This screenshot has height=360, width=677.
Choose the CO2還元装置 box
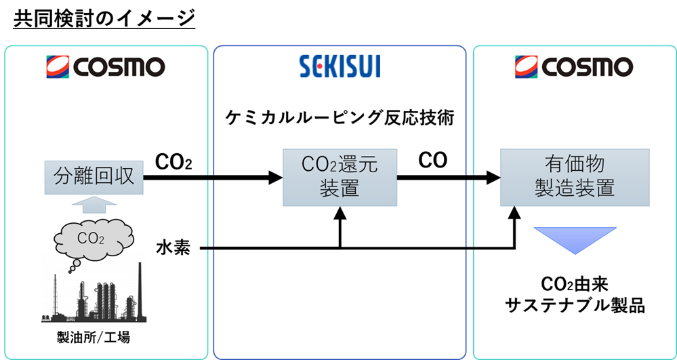(340, 178)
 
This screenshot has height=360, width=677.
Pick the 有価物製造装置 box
(575, 177)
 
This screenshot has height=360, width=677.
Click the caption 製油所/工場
(97, 337)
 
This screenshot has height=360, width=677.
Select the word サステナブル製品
(575, 306)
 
